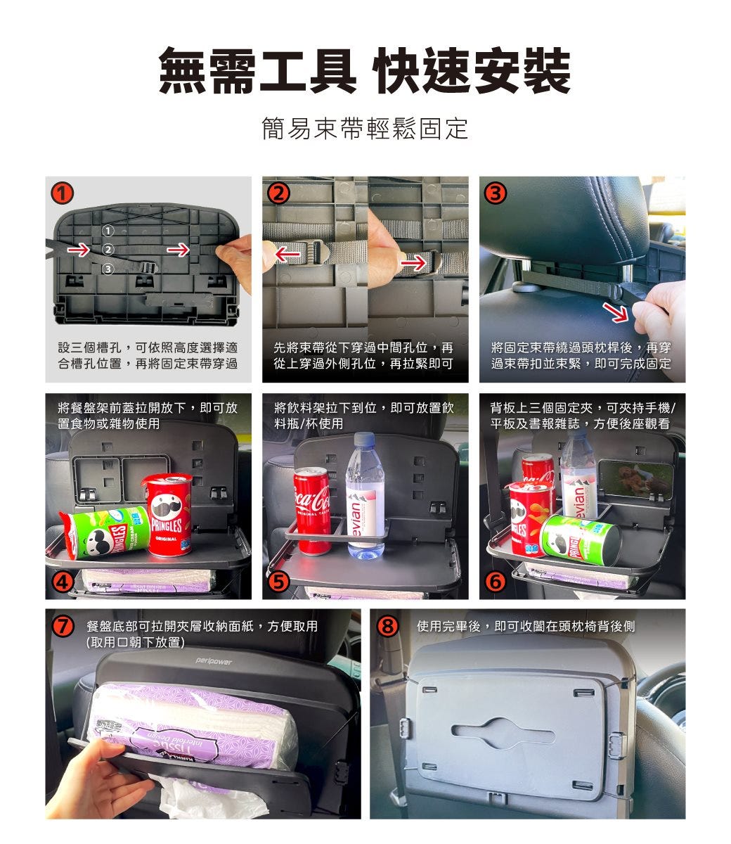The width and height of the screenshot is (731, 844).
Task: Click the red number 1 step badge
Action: click(x=62, y=193)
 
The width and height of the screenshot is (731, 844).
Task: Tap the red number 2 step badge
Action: click(x=279, y=193)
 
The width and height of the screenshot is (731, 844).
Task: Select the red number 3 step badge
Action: click(x=496, y=193)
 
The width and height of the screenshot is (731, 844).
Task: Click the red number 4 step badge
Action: click(x=62, y=582)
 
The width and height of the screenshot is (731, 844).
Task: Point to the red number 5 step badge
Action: click(x=279, y=582)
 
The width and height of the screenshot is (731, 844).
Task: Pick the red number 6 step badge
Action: click(x=496, y=582)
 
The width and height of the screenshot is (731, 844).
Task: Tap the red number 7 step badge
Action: click(x=63, y=627)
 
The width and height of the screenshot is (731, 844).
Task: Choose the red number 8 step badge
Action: click(x=388, y=627)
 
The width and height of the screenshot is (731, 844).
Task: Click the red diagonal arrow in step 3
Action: click(x=616, y=312)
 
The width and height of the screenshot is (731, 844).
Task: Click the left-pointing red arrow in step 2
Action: click(x=287, y=255)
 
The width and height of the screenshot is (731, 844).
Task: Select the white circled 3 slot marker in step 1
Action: click(x=108, y=269)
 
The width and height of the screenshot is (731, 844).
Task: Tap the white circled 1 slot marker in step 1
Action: click(x=108, y=231)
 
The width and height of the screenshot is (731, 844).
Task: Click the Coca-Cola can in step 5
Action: click(x=312, y=511)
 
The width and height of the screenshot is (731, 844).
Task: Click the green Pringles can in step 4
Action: click(x=105, y=531)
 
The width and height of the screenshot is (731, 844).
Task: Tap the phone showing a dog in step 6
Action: click(x=635, y=480)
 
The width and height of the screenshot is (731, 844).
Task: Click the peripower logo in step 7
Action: click(x=214, y=661)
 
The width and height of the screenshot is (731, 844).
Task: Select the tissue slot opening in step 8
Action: click(x=503, y=734)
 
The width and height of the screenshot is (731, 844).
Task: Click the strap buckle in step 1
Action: click(x=148, y=268)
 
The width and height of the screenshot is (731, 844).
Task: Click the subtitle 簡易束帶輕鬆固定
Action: click(x=365, y=129)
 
